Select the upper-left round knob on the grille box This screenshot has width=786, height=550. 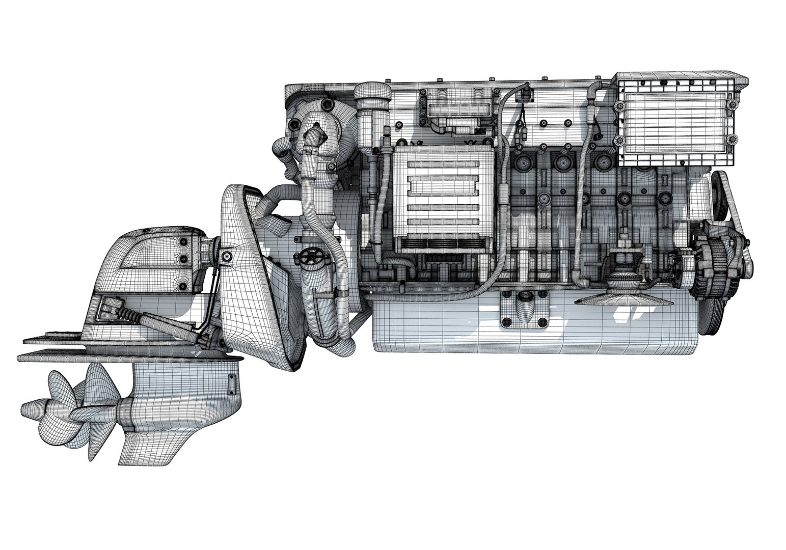click(620, 106)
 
